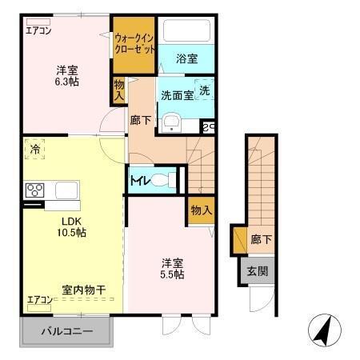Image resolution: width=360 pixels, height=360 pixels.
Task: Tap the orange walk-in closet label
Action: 133,43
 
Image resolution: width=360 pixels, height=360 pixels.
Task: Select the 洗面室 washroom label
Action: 177,94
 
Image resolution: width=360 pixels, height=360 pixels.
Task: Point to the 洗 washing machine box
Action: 205,91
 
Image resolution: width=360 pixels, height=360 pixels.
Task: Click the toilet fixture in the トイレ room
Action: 165,179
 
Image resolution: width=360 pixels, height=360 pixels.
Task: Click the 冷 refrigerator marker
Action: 36,150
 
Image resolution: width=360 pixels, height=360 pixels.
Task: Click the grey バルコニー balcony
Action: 66,330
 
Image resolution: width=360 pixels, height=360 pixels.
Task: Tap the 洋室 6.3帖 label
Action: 66,75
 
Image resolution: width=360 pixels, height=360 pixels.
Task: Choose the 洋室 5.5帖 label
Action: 172,268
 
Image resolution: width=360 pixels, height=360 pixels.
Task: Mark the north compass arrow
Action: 322,330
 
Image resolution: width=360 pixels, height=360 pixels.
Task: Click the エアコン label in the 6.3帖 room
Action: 38,31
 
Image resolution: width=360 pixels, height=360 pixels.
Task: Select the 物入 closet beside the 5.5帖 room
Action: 201,210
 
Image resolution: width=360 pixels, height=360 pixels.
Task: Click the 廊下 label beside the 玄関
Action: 258,239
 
